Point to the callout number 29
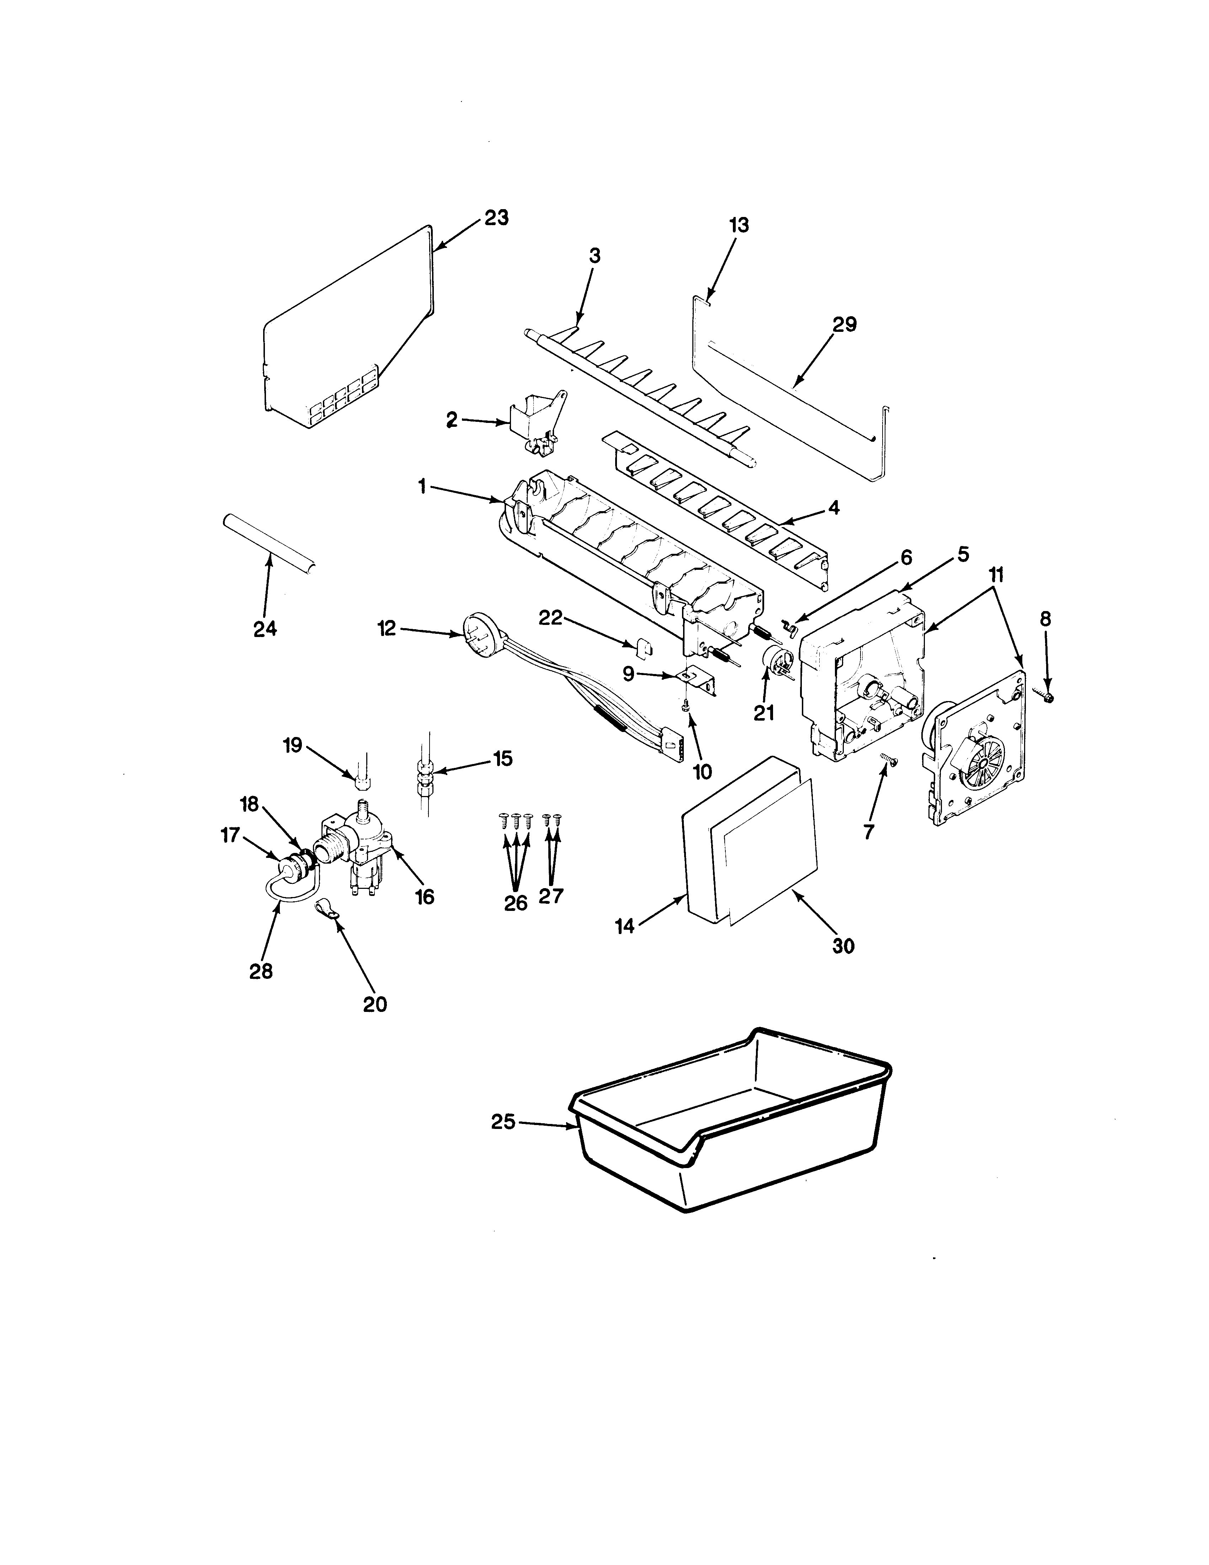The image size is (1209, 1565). (x=844, y=325)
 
